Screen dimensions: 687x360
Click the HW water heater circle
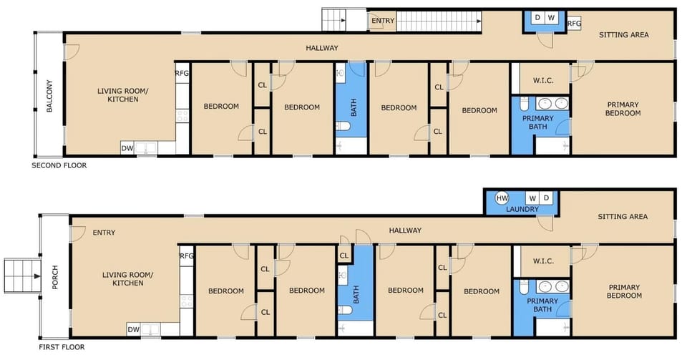click(x=502, y=198)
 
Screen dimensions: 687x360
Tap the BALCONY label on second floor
click(x=49, y=96)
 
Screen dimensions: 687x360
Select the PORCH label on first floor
click(x=55, y=277)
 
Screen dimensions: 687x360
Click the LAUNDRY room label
click(x=522, y=209)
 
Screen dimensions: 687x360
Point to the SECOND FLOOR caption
click(x=59, y=165)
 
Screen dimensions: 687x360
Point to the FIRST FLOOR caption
click(x=62, y=347)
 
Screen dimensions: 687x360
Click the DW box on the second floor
click(x=127, y=148)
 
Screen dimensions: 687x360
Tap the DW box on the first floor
click(x=134, y=329)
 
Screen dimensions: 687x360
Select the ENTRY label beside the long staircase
click(x=383, y=21)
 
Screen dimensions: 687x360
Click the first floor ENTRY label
click(x=104, y=233)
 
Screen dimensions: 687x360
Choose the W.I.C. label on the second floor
click(x=543, y=81)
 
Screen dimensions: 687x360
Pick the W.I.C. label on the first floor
click(x=543, y=261)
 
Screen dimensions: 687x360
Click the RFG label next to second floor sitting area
click(x=575, y=23)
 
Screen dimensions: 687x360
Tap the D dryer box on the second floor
click(x=537, y=17)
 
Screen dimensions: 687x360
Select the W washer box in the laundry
click(x=532, y=198)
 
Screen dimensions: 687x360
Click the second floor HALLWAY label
click(x=322, y=48)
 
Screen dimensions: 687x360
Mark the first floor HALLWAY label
click(x=405, y=230)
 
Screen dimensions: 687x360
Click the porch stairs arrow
click(x=36, y=276)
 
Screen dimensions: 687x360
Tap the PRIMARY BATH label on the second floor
click(x=538, y=122)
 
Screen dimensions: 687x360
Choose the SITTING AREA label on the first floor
click(x=623, y=216)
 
